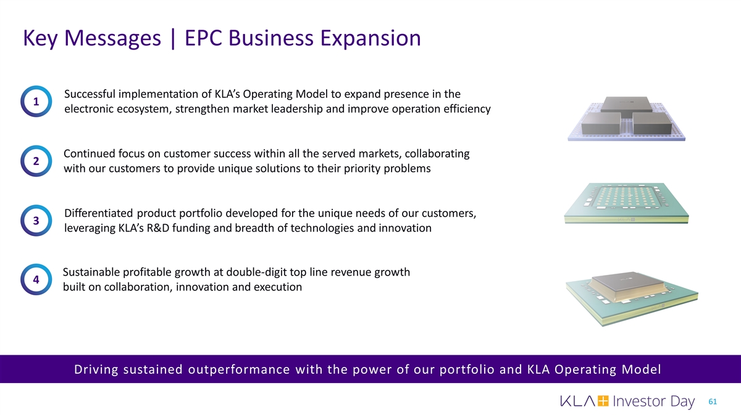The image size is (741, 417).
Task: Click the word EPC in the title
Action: pos(203,38)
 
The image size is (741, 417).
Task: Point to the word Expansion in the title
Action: pos(371,38)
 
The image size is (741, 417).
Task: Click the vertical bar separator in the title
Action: pos(173,39)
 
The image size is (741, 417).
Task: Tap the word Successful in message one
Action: pos(90,94)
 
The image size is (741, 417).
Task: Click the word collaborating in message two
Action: pos(437,154)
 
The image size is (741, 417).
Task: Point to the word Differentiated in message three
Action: pos(99,213)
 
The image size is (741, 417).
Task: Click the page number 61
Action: pos(713,402)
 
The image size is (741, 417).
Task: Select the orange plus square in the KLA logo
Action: pos(603,401)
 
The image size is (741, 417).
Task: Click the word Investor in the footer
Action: pos(639,401)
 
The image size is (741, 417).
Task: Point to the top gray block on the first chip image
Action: pos(626,106)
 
